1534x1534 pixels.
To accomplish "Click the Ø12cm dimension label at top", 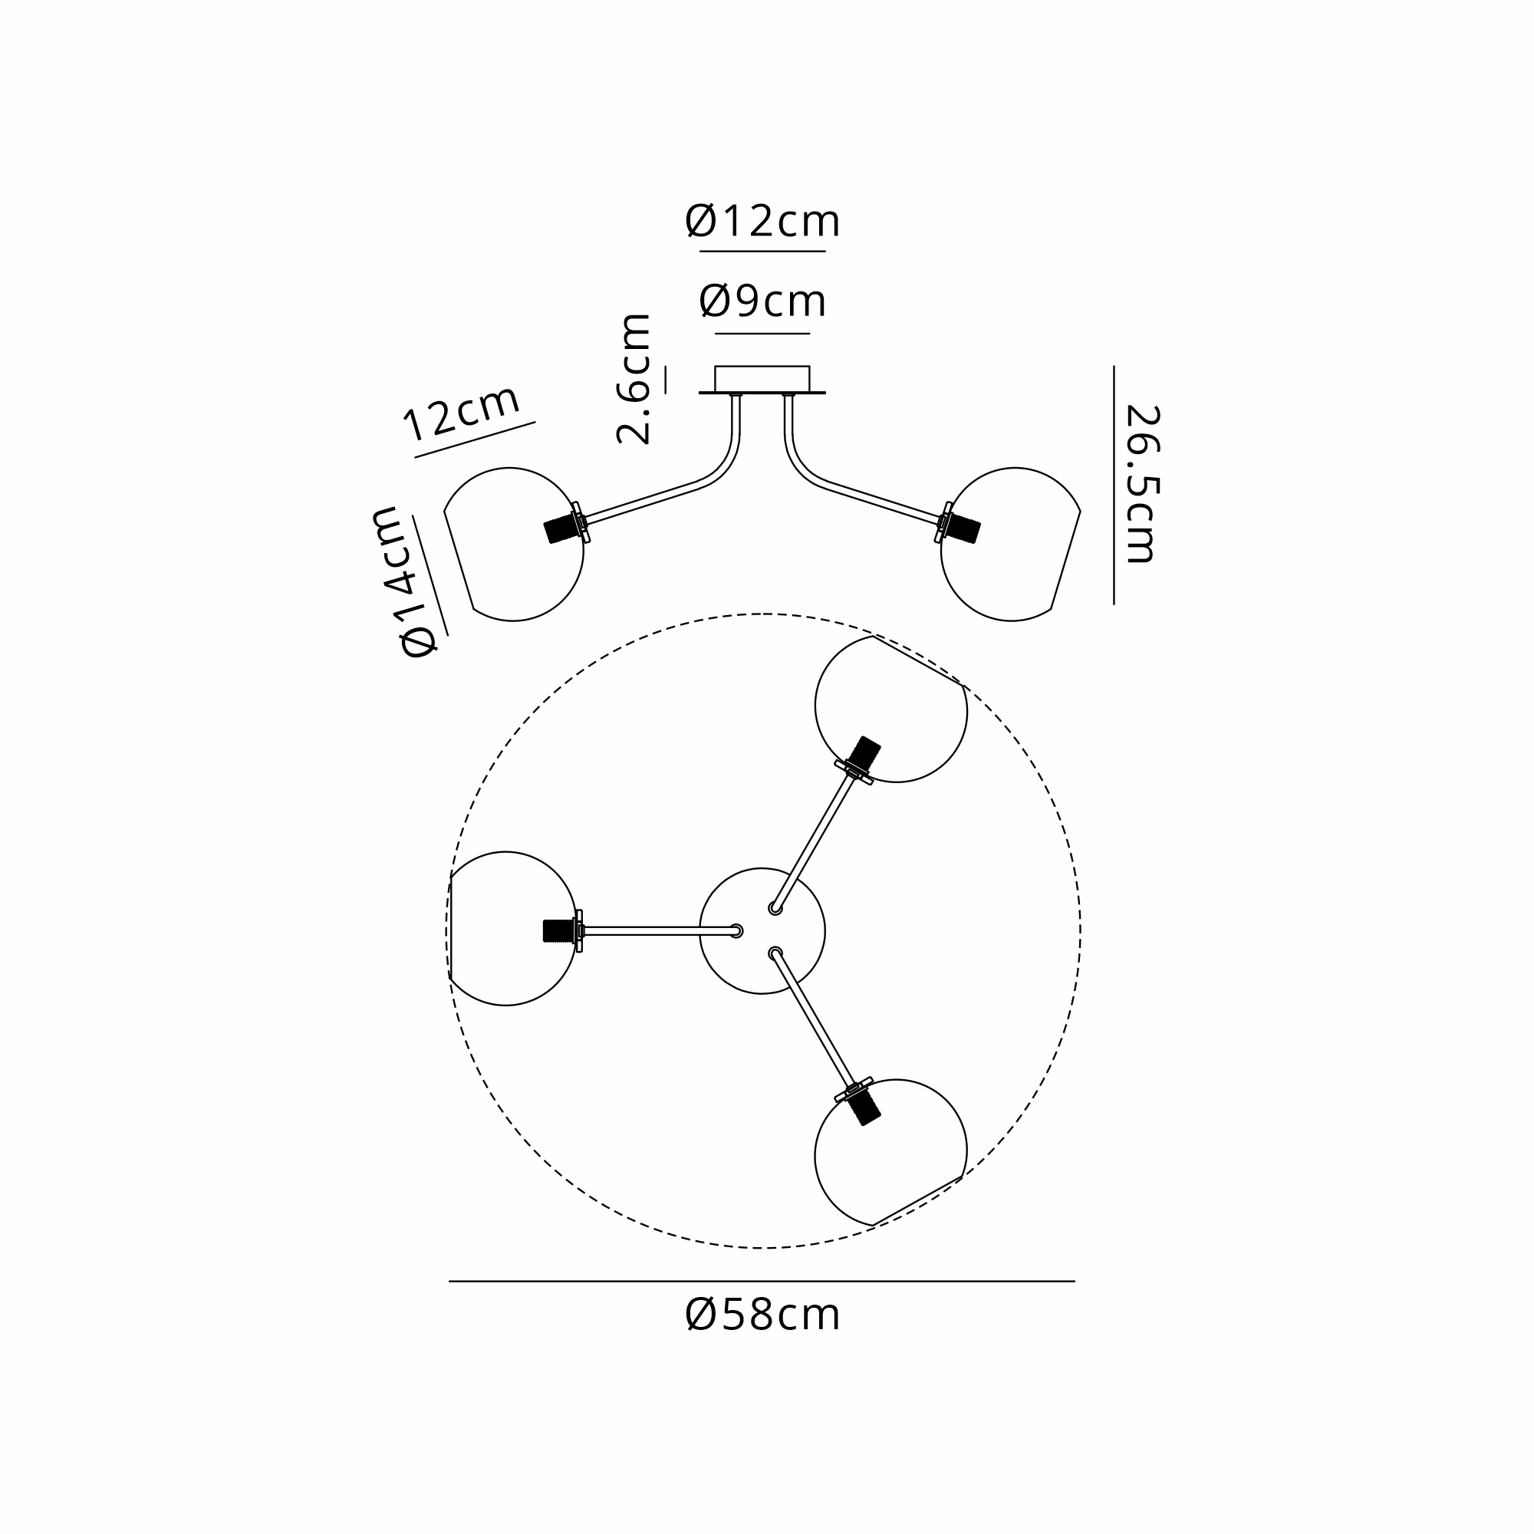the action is point(762,222).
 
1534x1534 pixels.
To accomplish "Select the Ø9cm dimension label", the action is point(762,301).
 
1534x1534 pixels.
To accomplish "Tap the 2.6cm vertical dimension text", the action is point(634,378).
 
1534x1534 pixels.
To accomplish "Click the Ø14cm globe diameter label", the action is point(407,582).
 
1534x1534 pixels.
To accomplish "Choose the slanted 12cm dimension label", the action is point(461,413).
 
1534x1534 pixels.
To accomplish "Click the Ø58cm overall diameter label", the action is point(762,1315).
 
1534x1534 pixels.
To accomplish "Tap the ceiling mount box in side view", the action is point(762,379).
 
